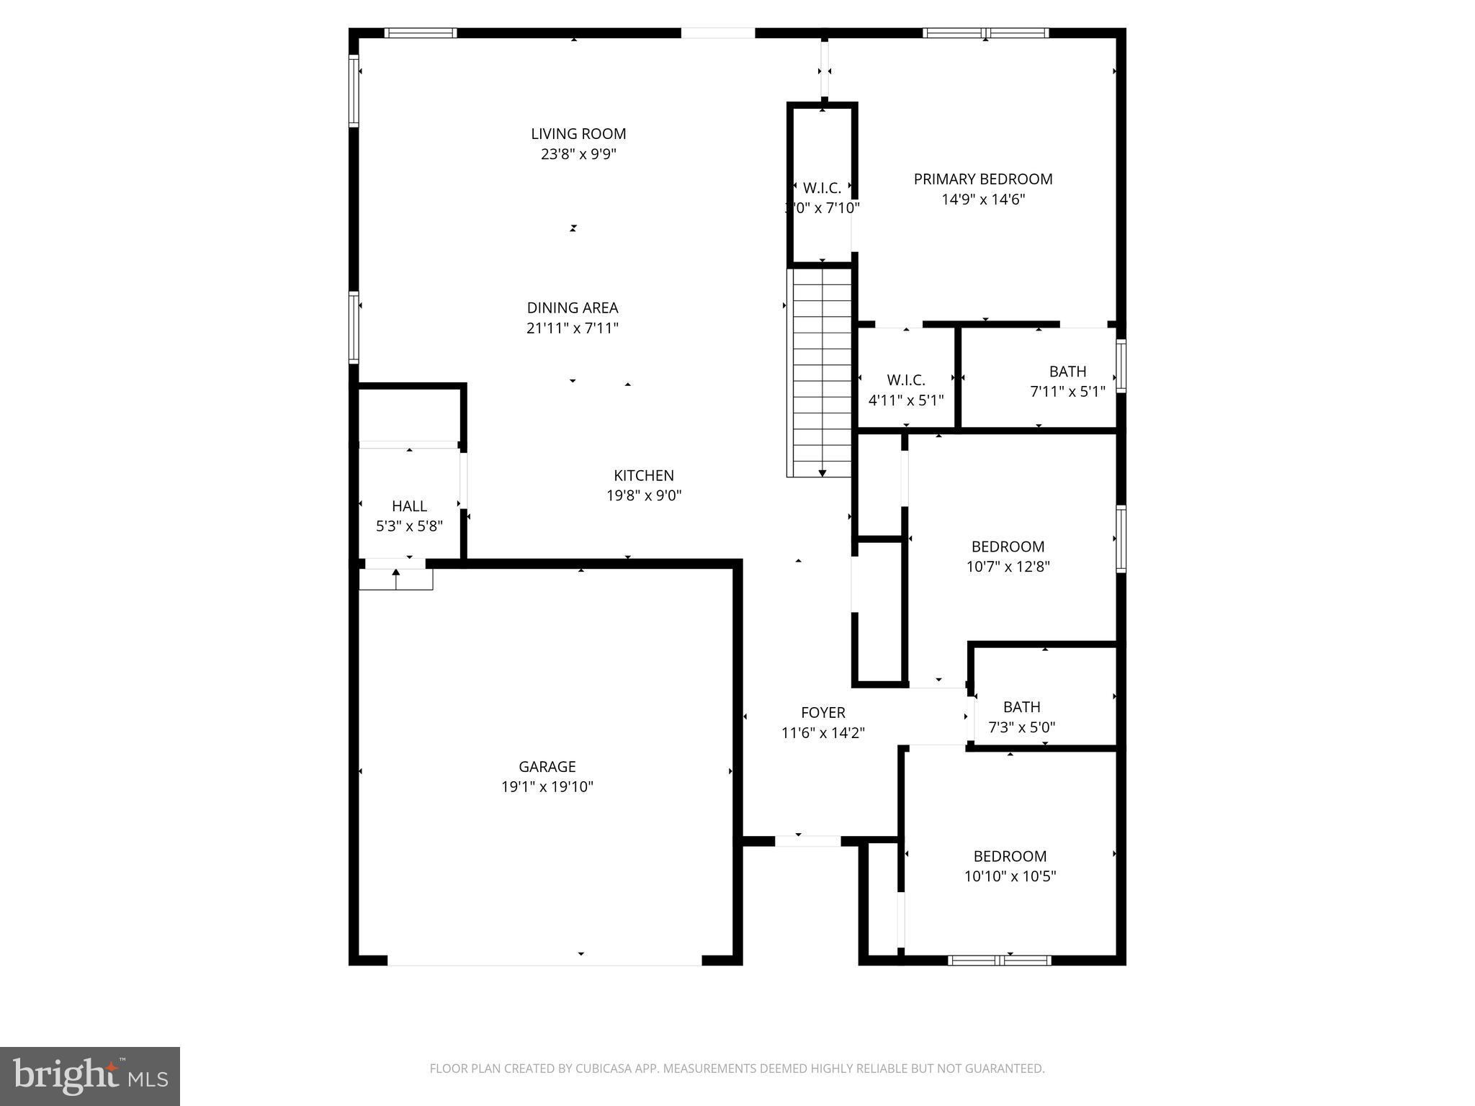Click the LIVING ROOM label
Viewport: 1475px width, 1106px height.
click(578, 134)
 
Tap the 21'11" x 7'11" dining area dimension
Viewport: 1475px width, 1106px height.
click(573, 328)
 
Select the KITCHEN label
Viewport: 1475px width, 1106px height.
click(644, 475)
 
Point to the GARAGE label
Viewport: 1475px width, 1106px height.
click(547, 766)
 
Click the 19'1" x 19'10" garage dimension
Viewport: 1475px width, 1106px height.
click(547, 787)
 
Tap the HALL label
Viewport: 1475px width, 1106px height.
click(409, 506)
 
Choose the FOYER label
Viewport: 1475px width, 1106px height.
click(823, 712)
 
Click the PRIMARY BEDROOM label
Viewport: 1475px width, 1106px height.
click(983, 179)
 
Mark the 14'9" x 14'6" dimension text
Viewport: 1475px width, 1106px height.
click(983, 199)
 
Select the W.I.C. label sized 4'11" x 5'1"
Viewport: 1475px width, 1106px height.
click(906, 379)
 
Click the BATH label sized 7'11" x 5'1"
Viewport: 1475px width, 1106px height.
click(1067, 372)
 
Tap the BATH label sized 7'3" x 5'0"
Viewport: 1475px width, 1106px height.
click(1021, 707)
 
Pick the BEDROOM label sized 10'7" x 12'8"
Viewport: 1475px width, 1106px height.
click(1008, 547)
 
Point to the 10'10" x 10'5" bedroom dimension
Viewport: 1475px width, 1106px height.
click(1010, 876)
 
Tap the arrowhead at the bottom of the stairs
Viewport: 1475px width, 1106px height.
click(822, 473)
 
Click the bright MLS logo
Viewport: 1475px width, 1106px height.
click(90, 1076)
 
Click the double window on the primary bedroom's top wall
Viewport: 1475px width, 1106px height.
click(985, 32)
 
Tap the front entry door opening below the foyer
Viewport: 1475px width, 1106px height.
click(807, 840)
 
